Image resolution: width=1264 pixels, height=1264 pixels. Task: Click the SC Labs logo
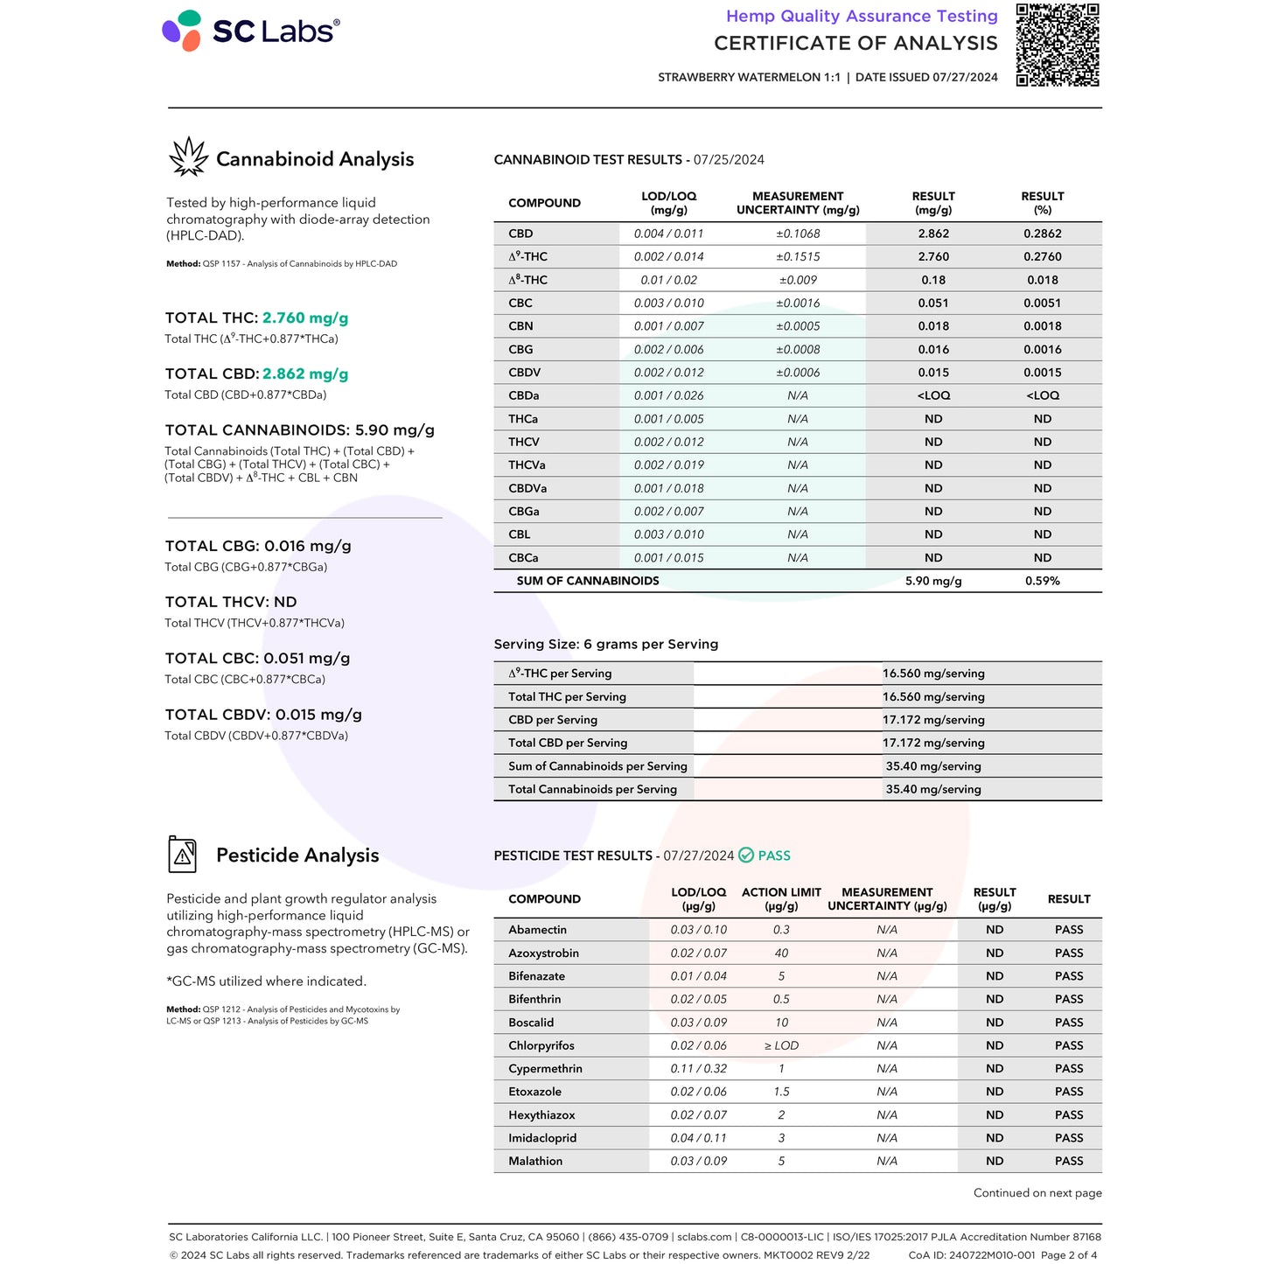pyautogui.click(x=250, y=31)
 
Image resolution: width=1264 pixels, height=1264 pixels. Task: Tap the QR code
pyautogui.click(x=1057, y=45)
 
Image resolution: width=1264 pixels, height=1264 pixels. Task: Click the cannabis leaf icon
pyautogui.click(x=188, y=157)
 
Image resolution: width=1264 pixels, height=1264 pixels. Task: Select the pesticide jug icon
pyautogui.click(x=182, y=855)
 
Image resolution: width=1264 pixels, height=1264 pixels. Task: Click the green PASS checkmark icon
pyautogui.click(x=746, y=855)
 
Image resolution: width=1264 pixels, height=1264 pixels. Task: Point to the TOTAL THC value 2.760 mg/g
pyautogui.click(x=305, y=318)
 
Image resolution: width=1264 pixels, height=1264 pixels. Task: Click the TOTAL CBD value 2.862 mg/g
pyautogui.click(x=305, y=374)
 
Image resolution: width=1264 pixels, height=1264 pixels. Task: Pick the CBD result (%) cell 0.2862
pyautogui.click(x=1042, y=234)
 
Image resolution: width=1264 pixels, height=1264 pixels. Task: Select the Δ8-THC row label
pyautogui.click(x=527, y=280)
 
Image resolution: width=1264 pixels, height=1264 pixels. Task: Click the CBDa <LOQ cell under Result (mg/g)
pyautogui.click(x=933, y=395)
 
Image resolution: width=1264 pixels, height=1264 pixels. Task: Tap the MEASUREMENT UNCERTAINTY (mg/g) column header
pyautogui.click(x=798, y=203)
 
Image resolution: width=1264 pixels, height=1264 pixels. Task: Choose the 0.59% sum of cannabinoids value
pyautogui.click(x=1042, y=581)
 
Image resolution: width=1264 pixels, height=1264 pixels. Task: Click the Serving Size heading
pyautogui.click(x=606, y=644)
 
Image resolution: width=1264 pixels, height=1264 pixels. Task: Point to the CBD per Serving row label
pyautogui.click(x=553, y=720)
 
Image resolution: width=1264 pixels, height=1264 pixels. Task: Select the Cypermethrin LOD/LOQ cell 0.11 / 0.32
pyautogui.click(x=698, y=1069)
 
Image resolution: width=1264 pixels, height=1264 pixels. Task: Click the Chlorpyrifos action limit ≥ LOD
pyautogui.click(x=781, y=1045)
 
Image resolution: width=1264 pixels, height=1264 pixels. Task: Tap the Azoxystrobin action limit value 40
pyautogui.click(x=781, y=953)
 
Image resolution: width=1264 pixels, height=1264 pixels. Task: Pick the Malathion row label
pyautogui.click(x=535, y=1161)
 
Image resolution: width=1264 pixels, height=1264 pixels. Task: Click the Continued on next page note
pyautogui.click(x=1037, y=1193)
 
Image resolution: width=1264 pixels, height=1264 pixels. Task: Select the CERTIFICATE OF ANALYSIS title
pyautogui.click(x=855, y=43)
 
